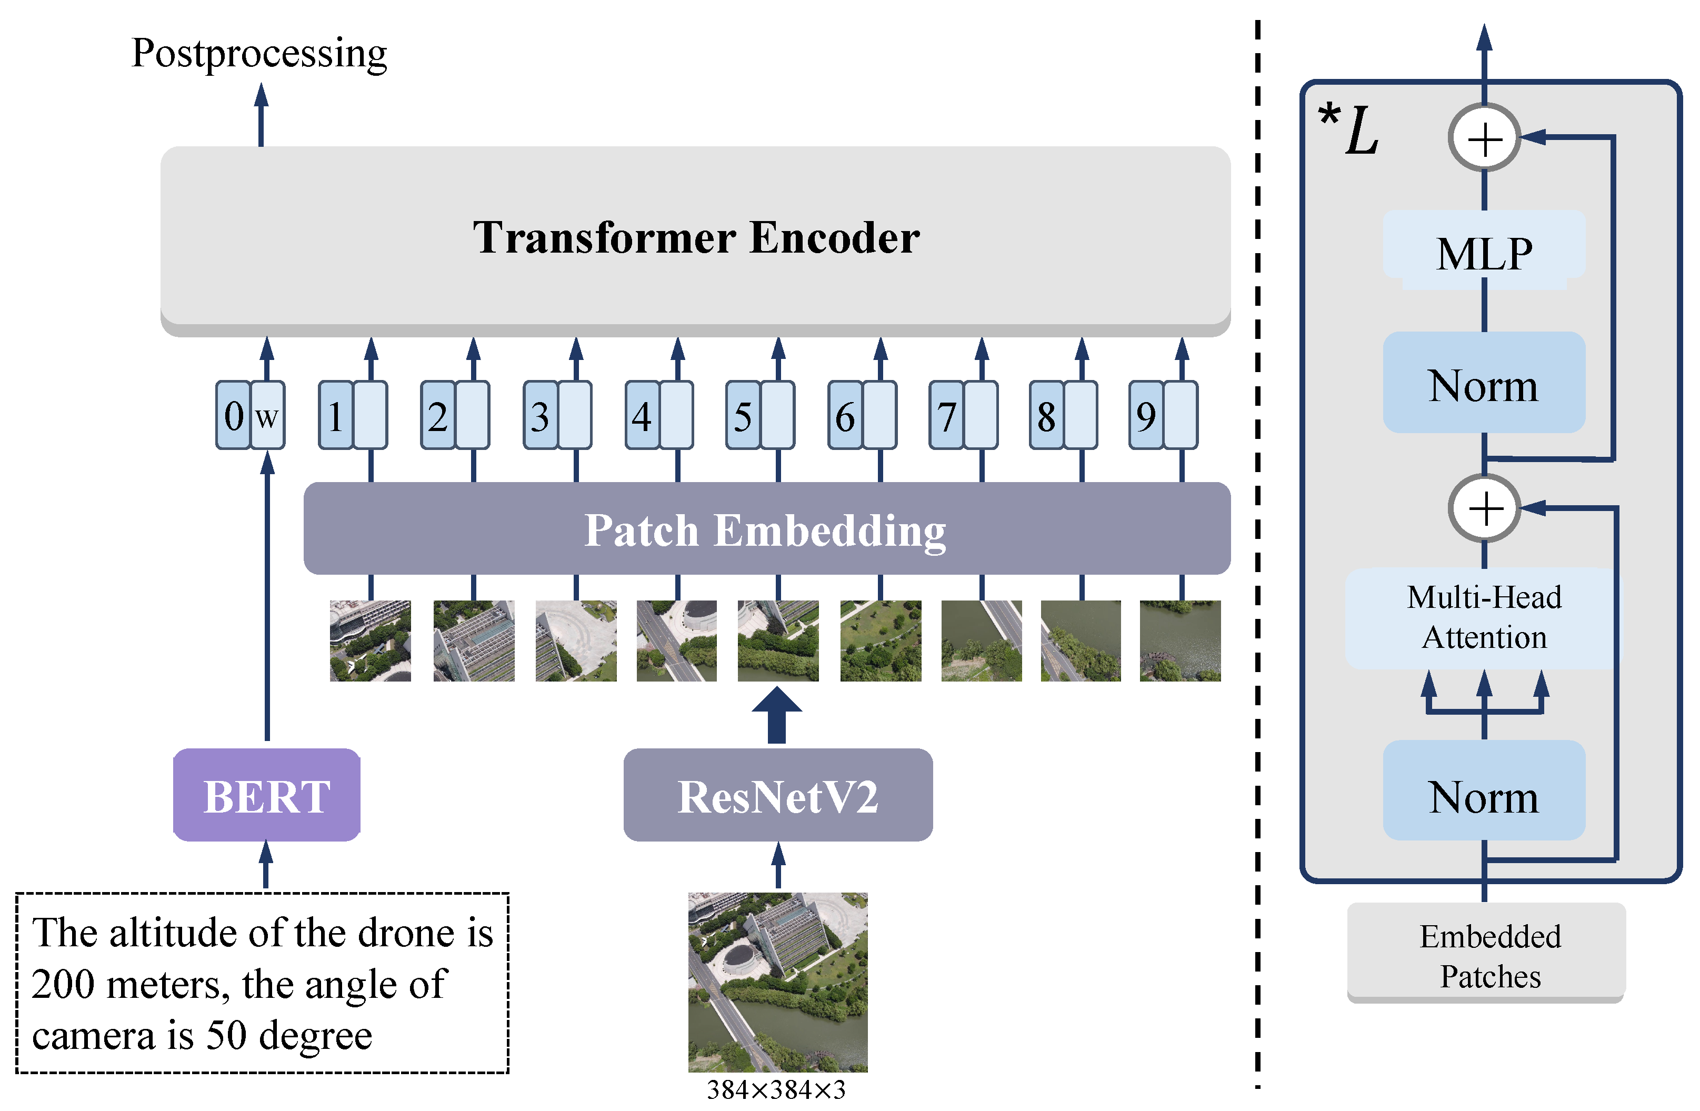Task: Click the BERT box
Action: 266,795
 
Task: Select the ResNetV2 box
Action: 778,795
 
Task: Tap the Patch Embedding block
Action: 766,529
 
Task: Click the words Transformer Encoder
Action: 696,237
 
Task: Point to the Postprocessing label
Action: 259,54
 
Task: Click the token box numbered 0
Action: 234,416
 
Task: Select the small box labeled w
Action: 267,416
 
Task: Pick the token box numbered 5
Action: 743,416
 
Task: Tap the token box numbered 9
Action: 1146,416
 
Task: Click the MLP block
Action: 1484,252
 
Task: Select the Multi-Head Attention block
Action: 1484,617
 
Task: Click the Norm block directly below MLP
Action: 1484,384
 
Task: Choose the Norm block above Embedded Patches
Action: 1484,795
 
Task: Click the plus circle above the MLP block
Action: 1484,138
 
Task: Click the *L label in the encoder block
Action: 1349,128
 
